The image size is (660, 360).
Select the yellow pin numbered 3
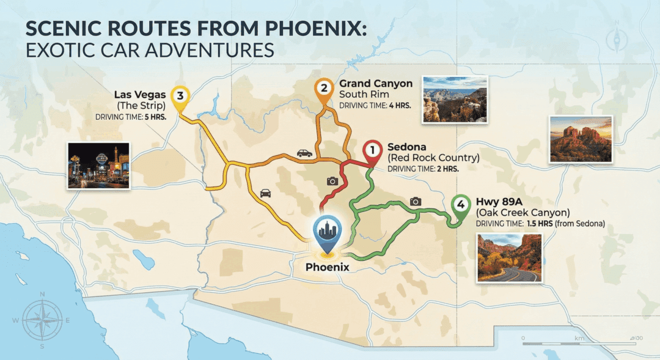coord(180,97)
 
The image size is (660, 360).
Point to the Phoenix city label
coord(328,266)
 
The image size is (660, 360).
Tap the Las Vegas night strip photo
coord(98,165)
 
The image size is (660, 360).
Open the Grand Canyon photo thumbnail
coord(455,99)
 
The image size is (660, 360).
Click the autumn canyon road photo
coord(509,257)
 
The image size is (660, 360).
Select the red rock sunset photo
coord(581,139)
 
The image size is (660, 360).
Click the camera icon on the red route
coord(332,181)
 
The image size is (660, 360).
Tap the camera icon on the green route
coord(416,201)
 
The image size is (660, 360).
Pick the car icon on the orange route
coord(304,153)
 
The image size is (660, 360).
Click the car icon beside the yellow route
coord(265,193)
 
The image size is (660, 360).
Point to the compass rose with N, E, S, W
coord(42,320)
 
